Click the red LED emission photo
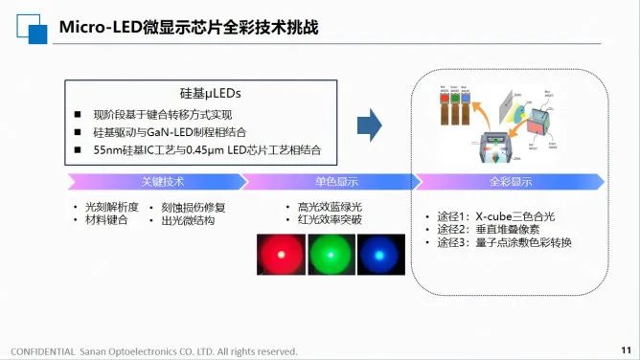[280, 256]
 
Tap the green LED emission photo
[331, 256]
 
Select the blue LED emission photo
[380, 256]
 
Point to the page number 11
[625, 349]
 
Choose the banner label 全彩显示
[511, 181]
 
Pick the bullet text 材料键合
[105, 220]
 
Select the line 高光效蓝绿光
[329, 207]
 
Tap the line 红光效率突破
[329, 219]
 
